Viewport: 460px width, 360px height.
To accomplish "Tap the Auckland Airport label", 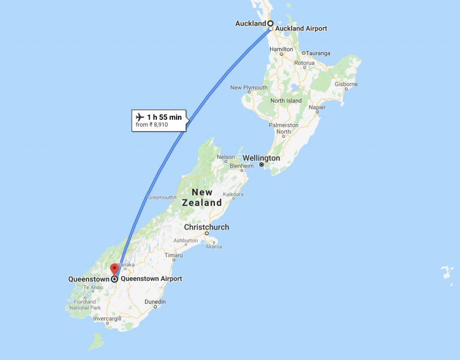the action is [301, 29].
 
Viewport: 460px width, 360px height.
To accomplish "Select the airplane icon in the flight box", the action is [140, 116].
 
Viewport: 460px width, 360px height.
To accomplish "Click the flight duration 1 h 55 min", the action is [164, 117].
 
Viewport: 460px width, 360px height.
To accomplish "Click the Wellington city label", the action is [261, 158].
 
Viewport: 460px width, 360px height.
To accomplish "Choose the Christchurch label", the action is [206, 228].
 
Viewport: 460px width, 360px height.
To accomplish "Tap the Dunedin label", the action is [155, 301].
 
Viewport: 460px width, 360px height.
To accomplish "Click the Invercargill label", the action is [107, 319].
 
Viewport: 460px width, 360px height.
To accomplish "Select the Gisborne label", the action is [346, 84].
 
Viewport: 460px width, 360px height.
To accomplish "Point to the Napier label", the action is [317, 107].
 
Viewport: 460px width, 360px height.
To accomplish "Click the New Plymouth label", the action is [249, 87].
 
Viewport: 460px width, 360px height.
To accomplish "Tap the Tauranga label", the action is [318, 53].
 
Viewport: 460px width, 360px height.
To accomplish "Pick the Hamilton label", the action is [281, 49].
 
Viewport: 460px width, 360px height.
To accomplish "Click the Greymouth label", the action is [161, 197].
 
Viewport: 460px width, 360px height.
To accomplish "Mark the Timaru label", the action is [174, 255].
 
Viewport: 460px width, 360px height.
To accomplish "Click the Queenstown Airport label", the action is [151, 279].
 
